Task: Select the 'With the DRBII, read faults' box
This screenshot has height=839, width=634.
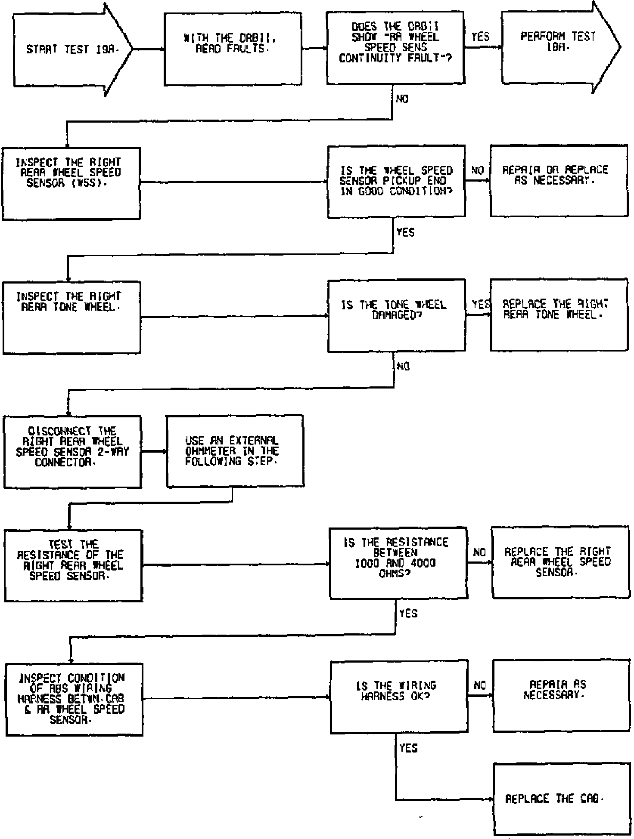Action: (233, 49)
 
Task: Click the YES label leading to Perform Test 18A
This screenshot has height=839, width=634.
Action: (480, 37)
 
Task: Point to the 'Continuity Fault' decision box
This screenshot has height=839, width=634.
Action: (395, 48)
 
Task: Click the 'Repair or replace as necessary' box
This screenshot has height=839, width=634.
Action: (559, 181)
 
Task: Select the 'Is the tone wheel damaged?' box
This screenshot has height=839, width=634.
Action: (396, 315)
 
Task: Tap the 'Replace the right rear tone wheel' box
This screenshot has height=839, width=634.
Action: (559, 315)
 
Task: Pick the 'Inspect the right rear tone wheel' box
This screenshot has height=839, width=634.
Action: (71, 318)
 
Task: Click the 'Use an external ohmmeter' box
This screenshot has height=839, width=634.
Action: (235, 451)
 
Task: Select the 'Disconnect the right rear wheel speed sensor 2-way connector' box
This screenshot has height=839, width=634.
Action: (72, 452)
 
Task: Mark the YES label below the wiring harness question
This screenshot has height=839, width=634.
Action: (408, 748)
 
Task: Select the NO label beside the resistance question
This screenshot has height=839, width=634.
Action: (479, 552)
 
